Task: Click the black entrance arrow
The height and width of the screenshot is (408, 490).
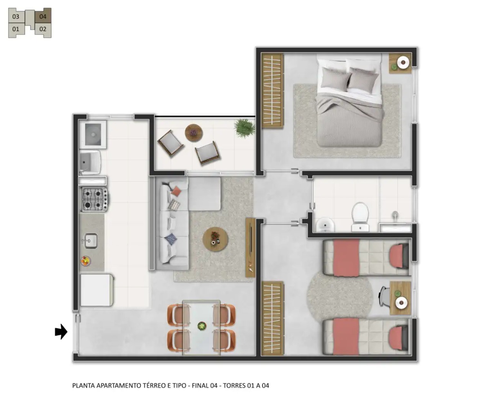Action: [61, 332]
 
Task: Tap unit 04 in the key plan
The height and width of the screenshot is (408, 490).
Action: [43, 16]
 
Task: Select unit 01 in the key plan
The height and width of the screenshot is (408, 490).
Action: [16, 29]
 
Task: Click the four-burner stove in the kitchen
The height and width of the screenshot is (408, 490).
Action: [94, 200]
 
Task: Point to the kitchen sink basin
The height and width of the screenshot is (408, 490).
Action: [91, 241]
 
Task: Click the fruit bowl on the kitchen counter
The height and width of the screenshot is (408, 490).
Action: [86, 261]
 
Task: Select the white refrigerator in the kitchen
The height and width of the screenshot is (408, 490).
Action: [97, 290]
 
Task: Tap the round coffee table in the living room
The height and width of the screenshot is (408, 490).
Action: [216, 239]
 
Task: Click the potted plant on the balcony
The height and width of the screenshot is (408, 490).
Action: [245, 128]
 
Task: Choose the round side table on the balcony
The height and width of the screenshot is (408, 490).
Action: [194, 133]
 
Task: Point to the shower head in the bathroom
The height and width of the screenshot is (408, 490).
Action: [395, 215]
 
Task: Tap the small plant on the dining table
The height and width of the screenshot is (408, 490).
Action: [202, 326]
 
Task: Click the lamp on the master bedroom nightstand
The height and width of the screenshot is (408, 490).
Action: [403, 62]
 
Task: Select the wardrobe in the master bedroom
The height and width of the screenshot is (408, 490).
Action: [272, 91]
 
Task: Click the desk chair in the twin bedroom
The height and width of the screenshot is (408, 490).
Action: [384, 297]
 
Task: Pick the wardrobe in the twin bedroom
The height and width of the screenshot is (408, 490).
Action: [272, 318]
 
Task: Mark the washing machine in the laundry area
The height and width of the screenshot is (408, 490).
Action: [93, 134]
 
